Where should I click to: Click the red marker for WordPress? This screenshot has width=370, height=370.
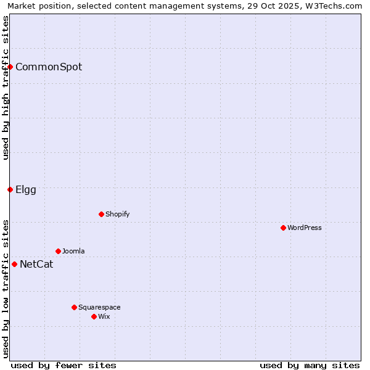click(283, 228)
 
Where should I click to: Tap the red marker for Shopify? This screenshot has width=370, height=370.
click(101, 214)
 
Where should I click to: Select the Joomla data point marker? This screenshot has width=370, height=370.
click(58, 251)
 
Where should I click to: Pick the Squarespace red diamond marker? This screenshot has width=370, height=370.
click(74, 307)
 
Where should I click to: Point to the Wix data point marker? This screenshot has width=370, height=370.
click(94, 316)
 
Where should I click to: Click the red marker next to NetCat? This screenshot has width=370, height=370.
click(14, 264)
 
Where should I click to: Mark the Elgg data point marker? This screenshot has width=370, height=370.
click(10, 189)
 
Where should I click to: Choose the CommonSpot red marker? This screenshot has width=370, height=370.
click(10, 67)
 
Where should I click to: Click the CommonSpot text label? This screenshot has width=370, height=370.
click(49, 67)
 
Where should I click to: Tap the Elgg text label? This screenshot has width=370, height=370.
click(26, 189)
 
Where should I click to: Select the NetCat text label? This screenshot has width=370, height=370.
click(36, 265)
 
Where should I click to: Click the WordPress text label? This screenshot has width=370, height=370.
click(305, 228)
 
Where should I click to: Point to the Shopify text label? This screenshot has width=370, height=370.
click(117, 214)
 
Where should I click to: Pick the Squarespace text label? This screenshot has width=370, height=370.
click(99, 307)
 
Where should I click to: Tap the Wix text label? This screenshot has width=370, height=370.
click(104, 316)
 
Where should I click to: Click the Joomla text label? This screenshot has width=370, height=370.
click(73, 251)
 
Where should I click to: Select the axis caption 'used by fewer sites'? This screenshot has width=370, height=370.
click(64, 365)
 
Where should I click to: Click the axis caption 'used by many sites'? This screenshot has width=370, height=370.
click(310, 365)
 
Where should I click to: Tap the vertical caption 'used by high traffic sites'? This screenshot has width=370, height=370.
click(6, 88)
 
